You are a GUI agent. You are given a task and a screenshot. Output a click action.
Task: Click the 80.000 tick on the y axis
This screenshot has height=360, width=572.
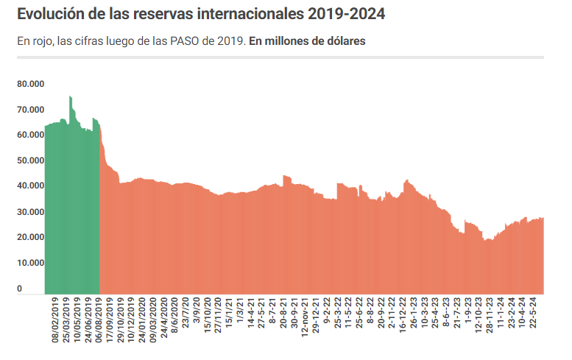click(31, 84)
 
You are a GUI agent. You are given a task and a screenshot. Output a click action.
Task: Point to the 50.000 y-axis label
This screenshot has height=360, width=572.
click(31, 160)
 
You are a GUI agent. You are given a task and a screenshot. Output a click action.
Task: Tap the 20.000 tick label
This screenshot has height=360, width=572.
click(31, 237)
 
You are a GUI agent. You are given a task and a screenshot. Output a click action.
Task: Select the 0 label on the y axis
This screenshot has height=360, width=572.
click(20, 289)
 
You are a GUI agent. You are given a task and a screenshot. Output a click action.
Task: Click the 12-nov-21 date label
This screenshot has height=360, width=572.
click(306, 317)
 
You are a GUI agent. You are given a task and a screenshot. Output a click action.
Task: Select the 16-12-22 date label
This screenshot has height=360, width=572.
click(403, 315)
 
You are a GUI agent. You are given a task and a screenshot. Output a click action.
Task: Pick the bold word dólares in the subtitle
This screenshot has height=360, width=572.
click(343, 41)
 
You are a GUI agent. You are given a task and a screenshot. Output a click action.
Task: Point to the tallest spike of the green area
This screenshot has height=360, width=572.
click(70, 97)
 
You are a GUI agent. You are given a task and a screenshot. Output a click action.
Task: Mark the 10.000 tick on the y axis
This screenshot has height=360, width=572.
click(31, 263)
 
